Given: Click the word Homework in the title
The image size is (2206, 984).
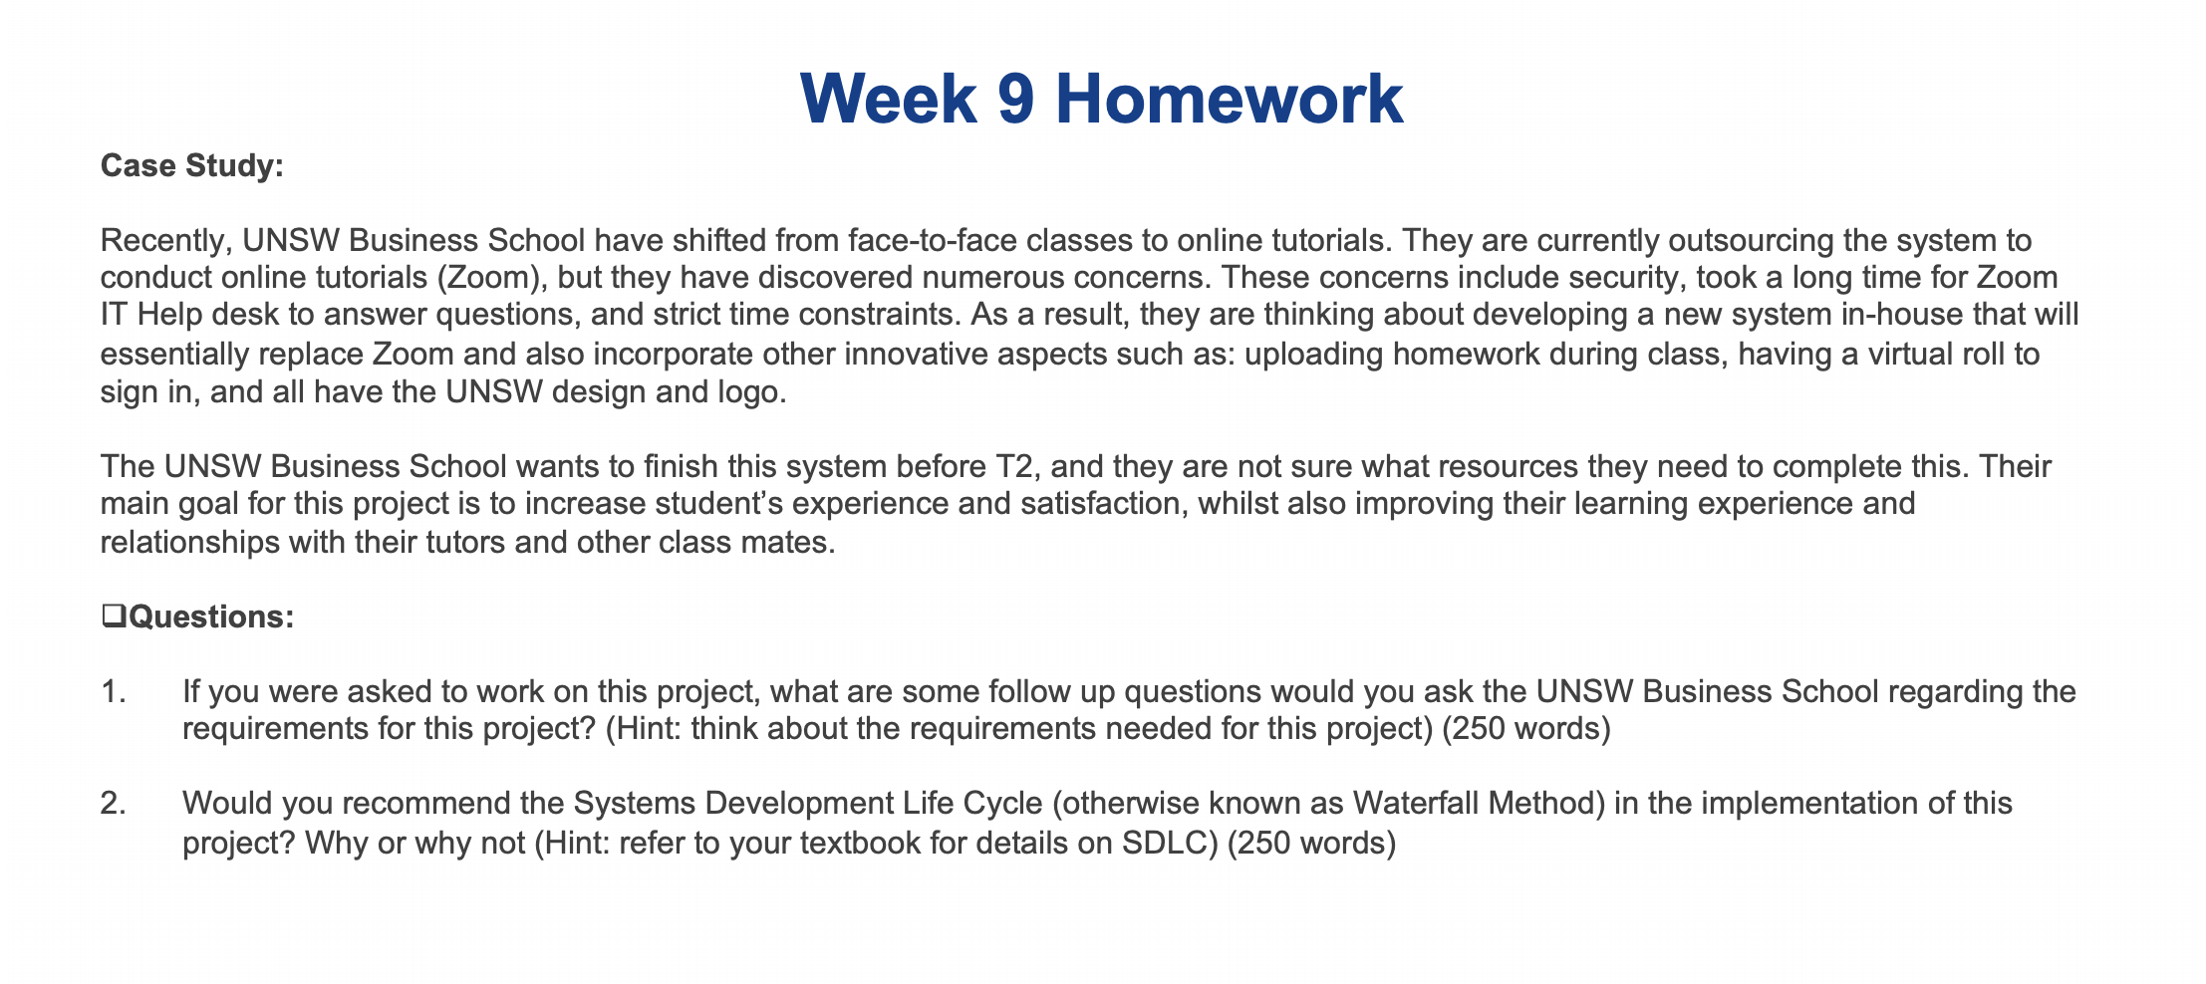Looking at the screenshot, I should (1230, 101).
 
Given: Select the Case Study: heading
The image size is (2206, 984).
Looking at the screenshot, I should (192, 165).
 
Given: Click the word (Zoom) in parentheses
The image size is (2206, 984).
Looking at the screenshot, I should (485, 279).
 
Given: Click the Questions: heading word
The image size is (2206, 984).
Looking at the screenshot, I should (211, 617).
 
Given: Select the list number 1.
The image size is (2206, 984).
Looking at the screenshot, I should (113, 691).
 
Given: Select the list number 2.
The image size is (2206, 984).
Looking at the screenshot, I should (113, 804).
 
